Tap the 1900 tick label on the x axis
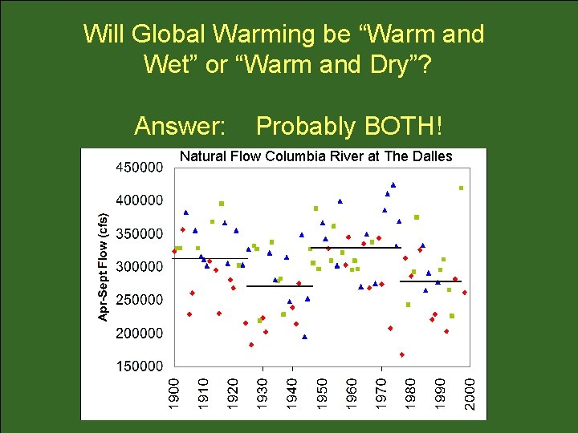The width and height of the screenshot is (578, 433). [x=173, y=395]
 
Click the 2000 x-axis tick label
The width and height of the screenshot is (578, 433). [x=470, y=395]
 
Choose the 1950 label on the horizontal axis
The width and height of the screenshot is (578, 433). [x=321, y=395]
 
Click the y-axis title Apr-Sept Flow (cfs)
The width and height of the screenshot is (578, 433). [x=103, y=267]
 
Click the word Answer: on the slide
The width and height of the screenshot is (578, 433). [x=181, y=127]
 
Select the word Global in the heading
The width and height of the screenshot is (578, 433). [x=169, y=34]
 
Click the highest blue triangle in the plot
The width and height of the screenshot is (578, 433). [x=393, y=184]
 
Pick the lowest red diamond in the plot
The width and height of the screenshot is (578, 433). [x=401, y=354]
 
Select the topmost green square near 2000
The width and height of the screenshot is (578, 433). [x=462, y=188]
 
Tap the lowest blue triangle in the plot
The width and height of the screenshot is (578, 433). [x=304, y=337]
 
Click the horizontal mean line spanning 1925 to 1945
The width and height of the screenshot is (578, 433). [x=279, y=286]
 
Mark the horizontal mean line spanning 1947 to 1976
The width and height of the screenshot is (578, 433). [x=355, y=248]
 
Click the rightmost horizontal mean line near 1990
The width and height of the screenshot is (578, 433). [x=430, y=281]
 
